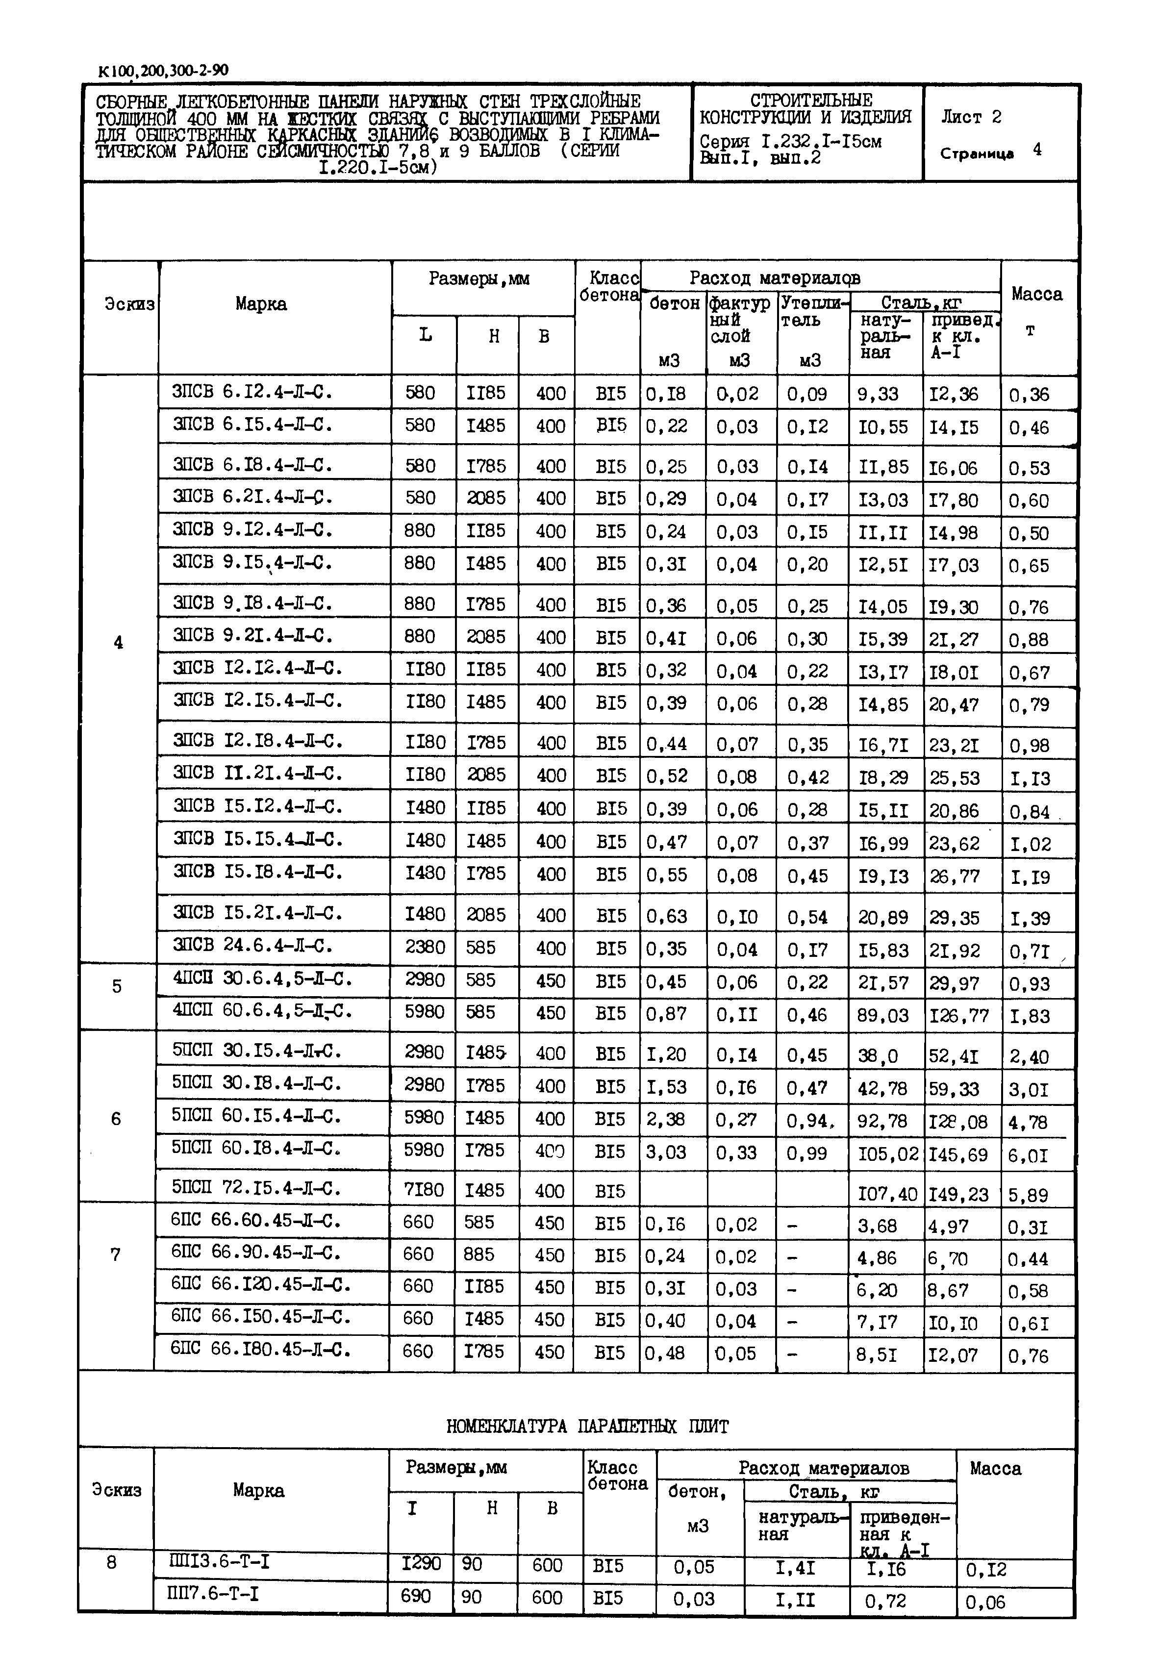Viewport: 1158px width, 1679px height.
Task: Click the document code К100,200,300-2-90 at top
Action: pos(163,71)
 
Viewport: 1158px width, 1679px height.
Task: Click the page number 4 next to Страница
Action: pos(1037,150)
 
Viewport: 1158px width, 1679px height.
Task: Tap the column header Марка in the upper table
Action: pos(260,304)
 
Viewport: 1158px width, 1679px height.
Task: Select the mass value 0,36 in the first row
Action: pos(1029,395)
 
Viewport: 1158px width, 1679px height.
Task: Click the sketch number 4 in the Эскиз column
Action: pos(118,642)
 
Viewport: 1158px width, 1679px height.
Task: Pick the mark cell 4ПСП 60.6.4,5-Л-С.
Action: pos(262,1011)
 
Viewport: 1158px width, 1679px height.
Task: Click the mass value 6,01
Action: pos(1028,1155)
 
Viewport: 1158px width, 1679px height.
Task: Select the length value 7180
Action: pos(425,1189)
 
